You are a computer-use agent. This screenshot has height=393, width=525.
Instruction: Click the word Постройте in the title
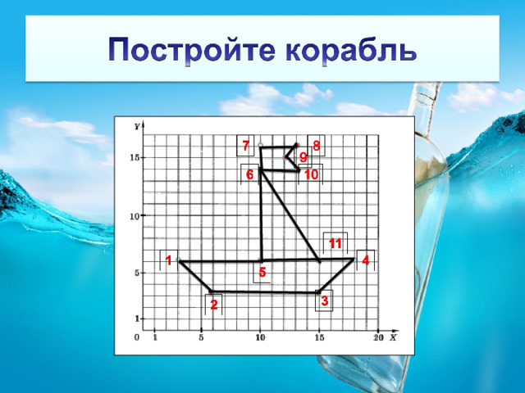click(x=192, y=50)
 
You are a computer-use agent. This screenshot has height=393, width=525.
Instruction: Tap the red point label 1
click(x=169, y=260)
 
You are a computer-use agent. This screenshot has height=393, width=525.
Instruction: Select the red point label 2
click(x=214, y=305)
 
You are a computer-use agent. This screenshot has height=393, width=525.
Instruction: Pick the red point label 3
click(x=325, y=300)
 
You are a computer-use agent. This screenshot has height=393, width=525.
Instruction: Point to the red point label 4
click(x=366, y=260)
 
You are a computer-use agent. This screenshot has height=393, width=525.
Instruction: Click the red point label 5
click(x=262, y=273)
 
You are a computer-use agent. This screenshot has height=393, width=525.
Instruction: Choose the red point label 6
click(x=250, y=174)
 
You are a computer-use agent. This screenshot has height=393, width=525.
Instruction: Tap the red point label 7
click(x=246, y=146)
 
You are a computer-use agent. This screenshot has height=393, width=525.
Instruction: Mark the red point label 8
click(x=316, y=146)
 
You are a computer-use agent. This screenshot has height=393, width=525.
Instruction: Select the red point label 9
click(x=304, y=157)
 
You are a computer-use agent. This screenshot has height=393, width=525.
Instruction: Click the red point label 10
click(x=312, y=174)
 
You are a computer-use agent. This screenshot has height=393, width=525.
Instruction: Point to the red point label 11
click(x=336, y=243)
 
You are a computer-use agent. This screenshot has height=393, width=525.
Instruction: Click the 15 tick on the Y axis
click(x=135, y=157)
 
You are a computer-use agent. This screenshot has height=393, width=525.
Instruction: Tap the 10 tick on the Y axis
click(x=135, y=216)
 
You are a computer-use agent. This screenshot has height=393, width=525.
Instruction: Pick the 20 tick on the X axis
click(x=378, y=338)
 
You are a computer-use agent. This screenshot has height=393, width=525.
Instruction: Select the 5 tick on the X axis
click(x=201, y=338)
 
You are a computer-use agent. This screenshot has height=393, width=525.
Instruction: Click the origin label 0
click(x=137, y=337)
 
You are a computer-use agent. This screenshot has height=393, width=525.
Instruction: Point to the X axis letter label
click(x=393, y=337)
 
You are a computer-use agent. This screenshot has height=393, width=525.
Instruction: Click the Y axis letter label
click(x=137, y=127)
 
